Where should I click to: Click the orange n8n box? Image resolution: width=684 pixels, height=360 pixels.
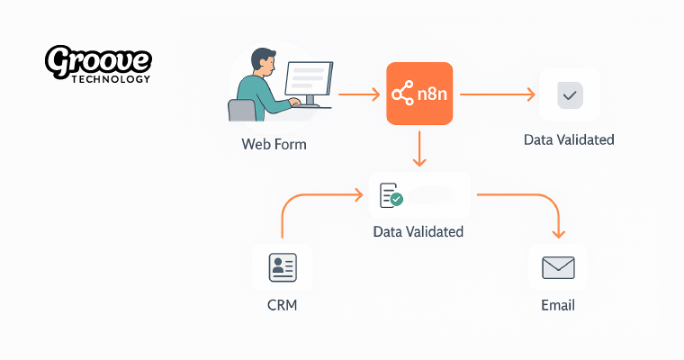point(418,94)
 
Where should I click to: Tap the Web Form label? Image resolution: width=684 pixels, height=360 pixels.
point(274,143)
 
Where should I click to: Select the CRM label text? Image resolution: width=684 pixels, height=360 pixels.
point(282,305)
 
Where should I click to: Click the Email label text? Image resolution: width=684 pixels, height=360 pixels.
point(557,305)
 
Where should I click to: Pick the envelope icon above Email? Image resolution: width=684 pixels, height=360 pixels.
point(558,267)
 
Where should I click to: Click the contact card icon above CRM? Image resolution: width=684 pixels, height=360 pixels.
point(283,267)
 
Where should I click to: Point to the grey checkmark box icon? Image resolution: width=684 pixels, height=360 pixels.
point(569,94)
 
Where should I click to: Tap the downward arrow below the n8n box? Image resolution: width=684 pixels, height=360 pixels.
point(418,148)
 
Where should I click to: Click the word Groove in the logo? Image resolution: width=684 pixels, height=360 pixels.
point(98,61)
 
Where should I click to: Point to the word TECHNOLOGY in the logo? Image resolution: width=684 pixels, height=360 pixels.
point(110,79)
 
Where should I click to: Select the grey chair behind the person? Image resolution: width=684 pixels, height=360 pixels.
point(240,111)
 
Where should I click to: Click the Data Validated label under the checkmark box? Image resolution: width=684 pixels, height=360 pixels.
point(569,139)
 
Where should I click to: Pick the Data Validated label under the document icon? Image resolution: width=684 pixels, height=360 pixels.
point(418,231)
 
